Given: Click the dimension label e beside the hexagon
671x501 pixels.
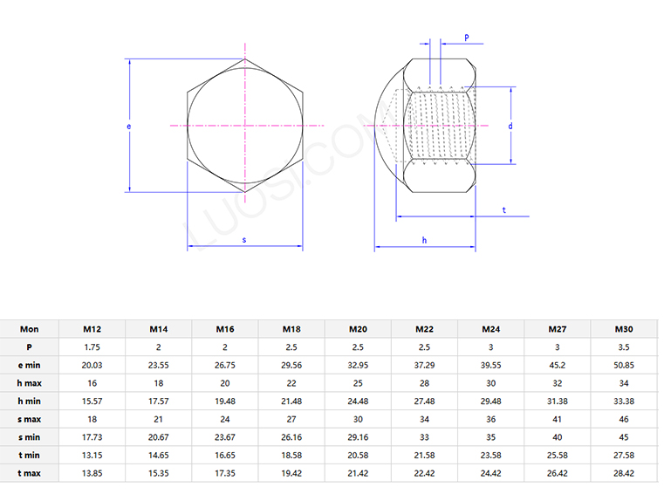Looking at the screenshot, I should coord(128,127).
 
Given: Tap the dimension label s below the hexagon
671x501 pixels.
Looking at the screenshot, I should coord(244,239).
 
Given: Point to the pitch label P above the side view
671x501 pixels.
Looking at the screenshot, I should coord(467,38).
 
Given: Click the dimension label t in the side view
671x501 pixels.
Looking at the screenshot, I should coord(504,210).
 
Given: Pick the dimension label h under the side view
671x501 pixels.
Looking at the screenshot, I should coord(424,239).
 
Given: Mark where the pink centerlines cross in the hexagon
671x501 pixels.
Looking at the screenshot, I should coord(245,126).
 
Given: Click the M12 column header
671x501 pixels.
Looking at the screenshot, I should coord(92,329).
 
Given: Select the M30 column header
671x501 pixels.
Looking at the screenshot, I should coord(623,329).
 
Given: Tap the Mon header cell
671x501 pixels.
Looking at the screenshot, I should coord(30,329).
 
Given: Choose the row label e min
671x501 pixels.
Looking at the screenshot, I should coord(30,365).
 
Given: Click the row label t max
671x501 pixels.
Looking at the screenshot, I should coord(30,472).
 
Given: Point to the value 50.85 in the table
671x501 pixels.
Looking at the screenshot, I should coord(623,365).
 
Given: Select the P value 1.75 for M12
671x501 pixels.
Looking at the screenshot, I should coord(92,347).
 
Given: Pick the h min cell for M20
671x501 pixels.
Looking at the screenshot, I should coord(358,401).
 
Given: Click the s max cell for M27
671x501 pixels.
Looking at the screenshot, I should coord(557,419).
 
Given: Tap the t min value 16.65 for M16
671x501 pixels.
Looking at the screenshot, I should coord(225,455).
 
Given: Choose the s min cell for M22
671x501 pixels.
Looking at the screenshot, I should coord(424,436).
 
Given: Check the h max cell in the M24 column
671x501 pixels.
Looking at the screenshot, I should coord(490,383).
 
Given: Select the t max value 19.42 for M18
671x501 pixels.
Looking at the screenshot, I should coord(291,472).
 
